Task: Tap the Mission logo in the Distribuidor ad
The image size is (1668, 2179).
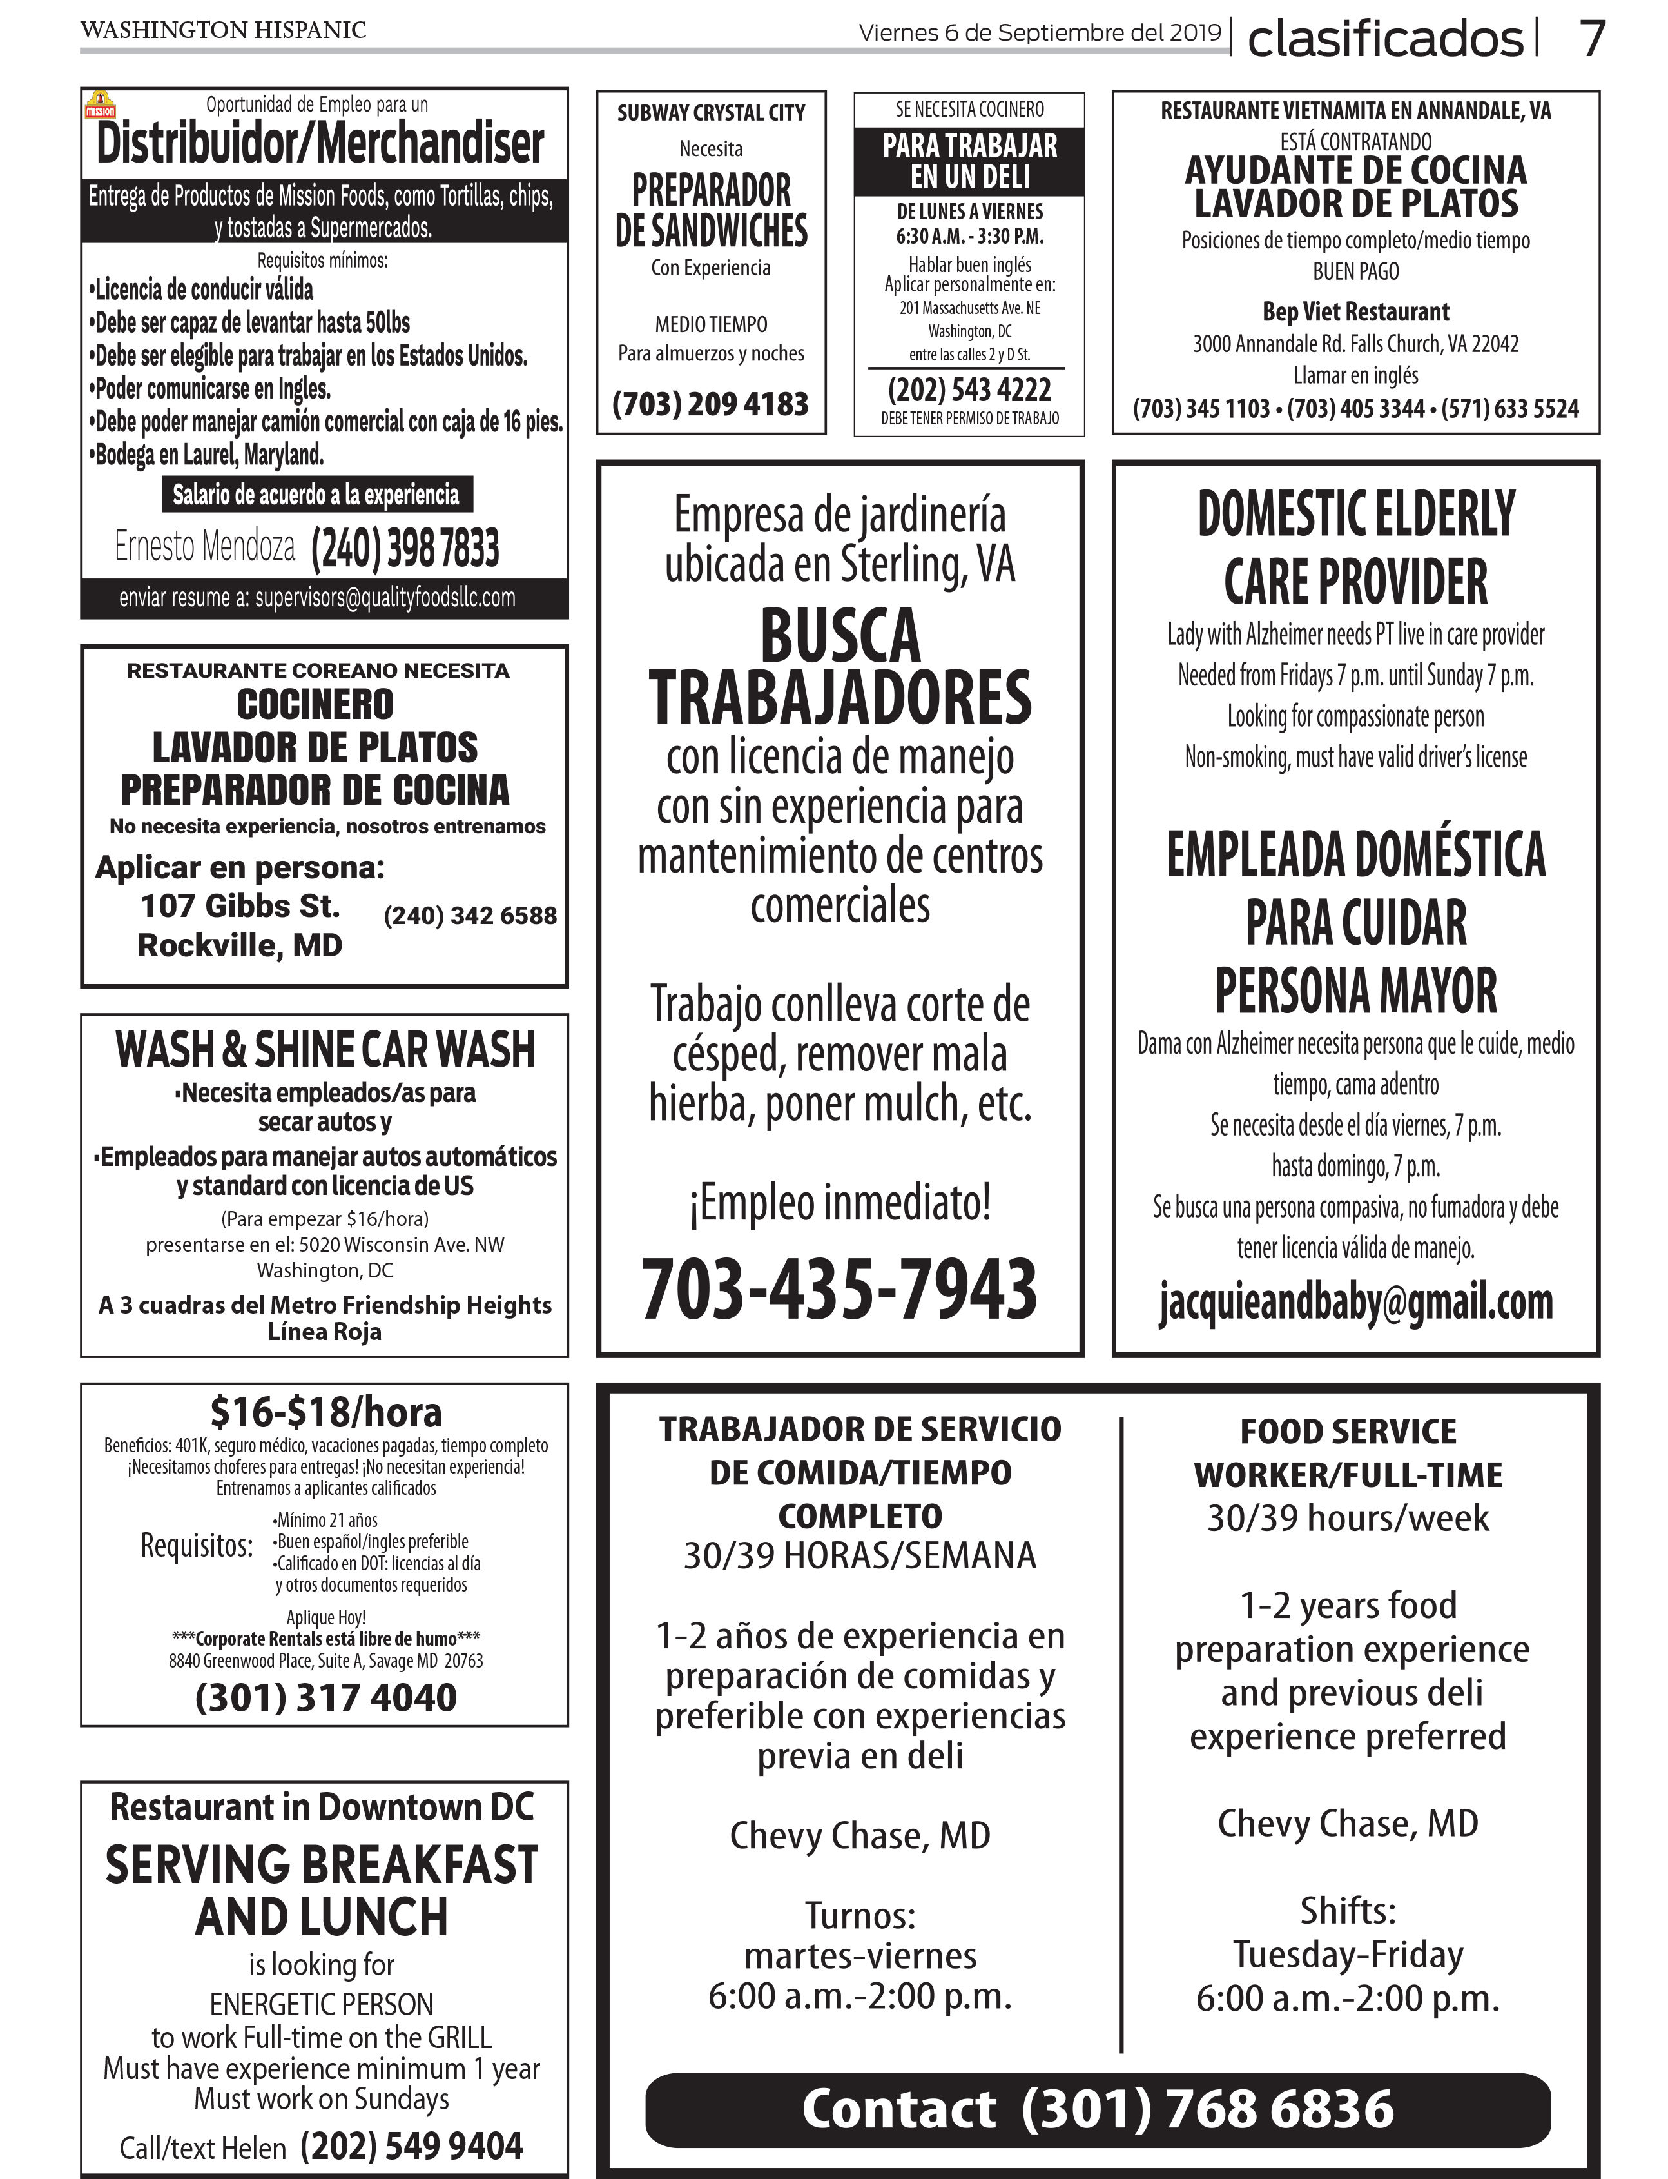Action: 101,105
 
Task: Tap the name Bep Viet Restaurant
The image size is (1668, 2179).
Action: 1355,312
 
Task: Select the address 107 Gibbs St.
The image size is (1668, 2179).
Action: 240,906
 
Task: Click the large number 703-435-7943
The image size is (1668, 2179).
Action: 840,1288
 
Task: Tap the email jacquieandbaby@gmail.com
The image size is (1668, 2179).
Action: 1355,1301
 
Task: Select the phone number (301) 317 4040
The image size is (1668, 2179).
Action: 325,1697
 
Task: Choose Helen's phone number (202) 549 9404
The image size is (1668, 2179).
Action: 411,2145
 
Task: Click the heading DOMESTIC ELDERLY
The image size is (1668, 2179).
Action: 1355,515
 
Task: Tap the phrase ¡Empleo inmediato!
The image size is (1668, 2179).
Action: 840,1203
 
